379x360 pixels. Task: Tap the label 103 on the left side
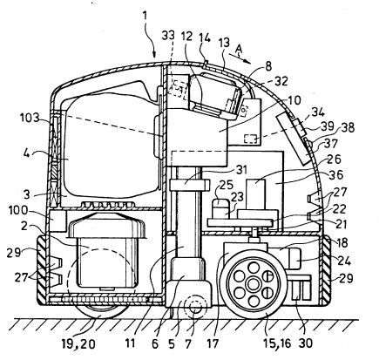[30, 118]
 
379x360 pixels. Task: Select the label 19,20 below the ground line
[78, 344]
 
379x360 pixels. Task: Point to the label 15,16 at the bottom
[276, 343]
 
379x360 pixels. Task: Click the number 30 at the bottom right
[305, 343]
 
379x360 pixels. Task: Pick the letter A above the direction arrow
[239, 48]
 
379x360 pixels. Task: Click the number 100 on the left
[18, 210]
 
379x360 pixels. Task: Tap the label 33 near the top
[168, 36]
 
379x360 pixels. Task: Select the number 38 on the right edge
[347, 127]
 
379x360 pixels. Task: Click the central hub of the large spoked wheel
[252, 282]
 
